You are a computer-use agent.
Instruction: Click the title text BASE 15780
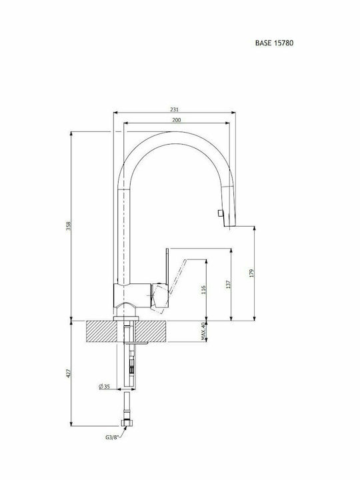click(274, 43)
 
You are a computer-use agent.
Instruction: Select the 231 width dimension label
click(174, 109)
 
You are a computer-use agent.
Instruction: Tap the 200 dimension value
click(176, 120)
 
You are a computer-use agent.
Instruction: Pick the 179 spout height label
click(251, 273)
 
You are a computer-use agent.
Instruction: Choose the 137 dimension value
click(228, 285)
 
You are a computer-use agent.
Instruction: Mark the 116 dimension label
click(203, 289)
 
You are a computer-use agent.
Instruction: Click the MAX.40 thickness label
click(203, 331)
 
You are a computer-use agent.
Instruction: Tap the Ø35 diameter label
click(105, 386)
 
